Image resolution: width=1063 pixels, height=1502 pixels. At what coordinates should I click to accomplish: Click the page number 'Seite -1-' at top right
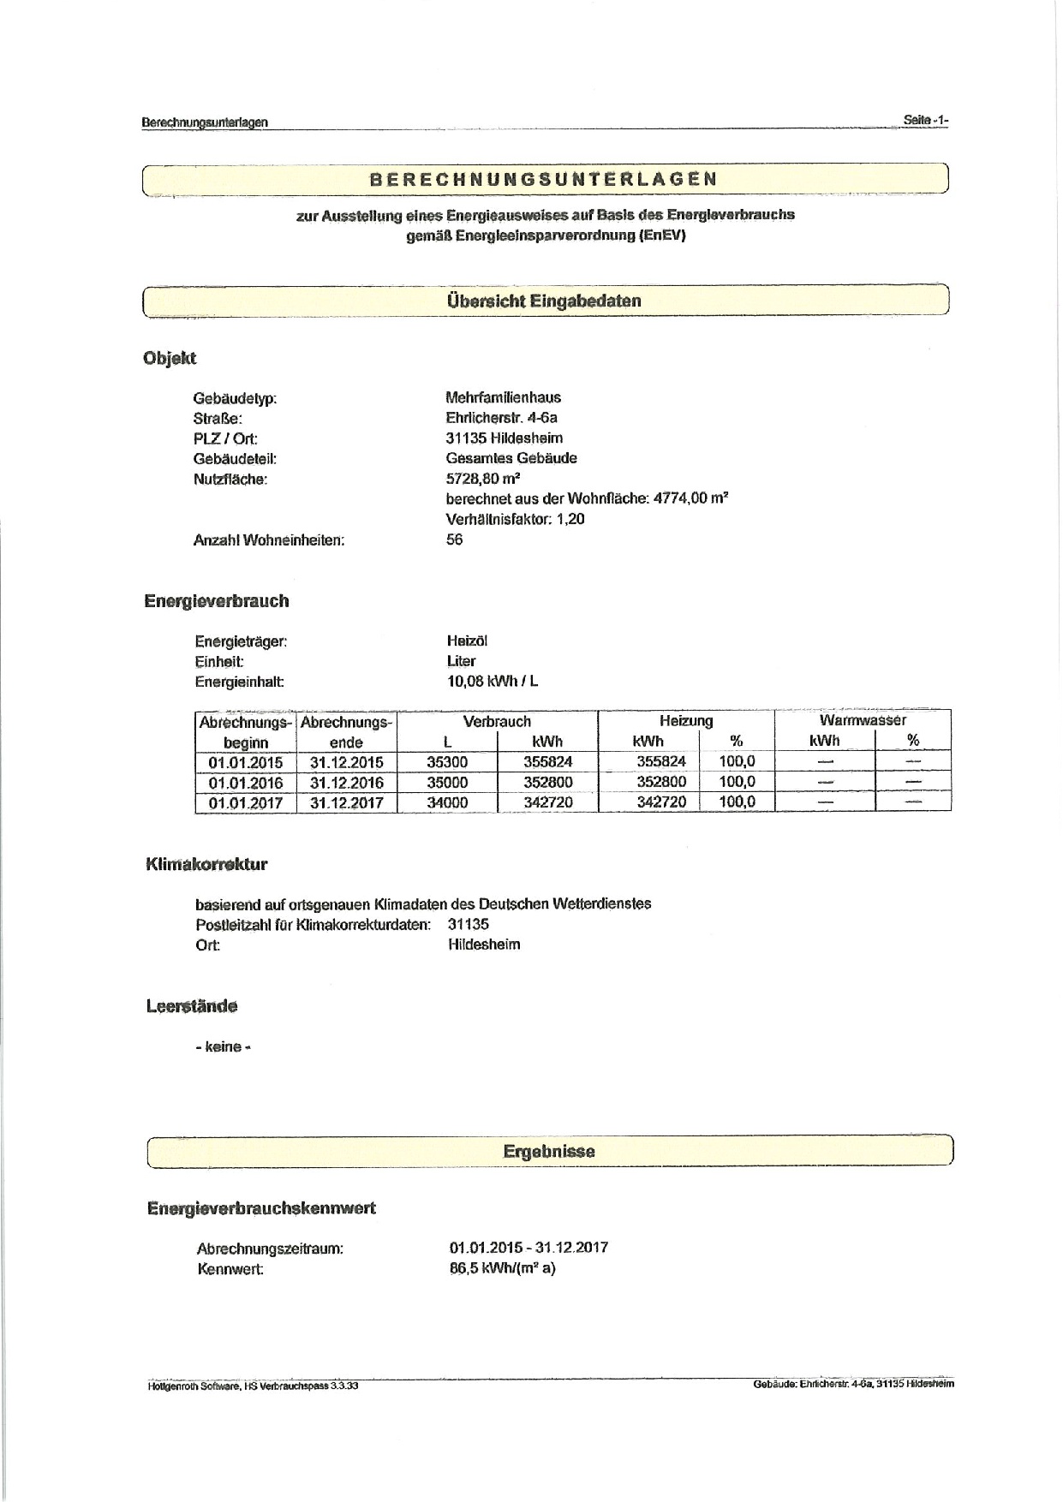tap(925, 121)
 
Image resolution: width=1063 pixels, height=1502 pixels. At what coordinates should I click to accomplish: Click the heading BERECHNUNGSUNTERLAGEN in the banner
tap(543, 180)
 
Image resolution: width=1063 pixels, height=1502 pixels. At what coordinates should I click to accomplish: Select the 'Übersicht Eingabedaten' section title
tap(543, 301)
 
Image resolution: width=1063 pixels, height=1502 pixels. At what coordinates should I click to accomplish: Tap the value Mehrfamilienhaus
tap(503, 397)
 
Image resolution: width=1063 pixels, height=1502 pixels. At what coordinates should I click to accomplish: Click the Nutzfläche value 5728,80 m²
tap(483, 478)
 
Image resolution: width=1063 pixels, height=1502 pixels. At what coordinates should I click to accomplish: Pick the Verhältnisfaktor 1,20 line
tap(515, 519)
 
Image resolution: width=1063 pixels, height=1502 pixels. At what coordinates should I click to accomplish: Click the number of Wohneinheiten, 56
tap(454, 540)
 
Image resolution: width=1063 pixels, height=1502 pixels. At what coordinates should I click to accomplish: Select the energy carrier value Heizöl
tap(467, 641)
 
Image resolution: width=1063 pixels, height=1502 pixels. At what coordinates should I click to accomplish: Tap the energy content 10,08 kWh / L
tap(493, 682)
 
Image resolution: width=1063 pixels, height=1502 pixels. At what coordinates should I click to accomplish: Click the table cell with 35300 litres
tap(447, 761)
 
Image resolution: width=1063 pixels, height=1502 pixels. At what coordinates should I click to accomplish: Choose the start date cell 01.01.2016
tap(245, 783)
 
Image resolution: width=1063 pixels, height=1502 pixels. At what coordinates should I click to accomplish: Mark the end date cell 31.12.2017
tap(347, 803)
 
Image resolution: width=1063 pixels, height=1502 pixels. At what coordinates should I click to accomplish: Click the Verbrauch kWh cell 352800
tap(548, 782)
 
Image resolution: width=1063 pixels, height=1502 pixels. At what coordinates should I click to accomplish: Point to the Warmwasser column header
tap(862, 721)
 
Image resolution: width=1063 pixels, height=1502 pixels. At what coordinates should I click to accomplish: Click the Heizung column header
tap(686, 721)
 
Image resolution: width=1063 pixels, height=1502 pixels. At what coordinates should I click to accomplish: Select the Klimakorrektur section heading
tap(206, 864)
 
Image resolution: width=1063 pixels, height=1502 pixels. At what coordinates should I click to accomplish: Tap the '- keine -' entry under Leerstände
tap(223, 1046)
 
